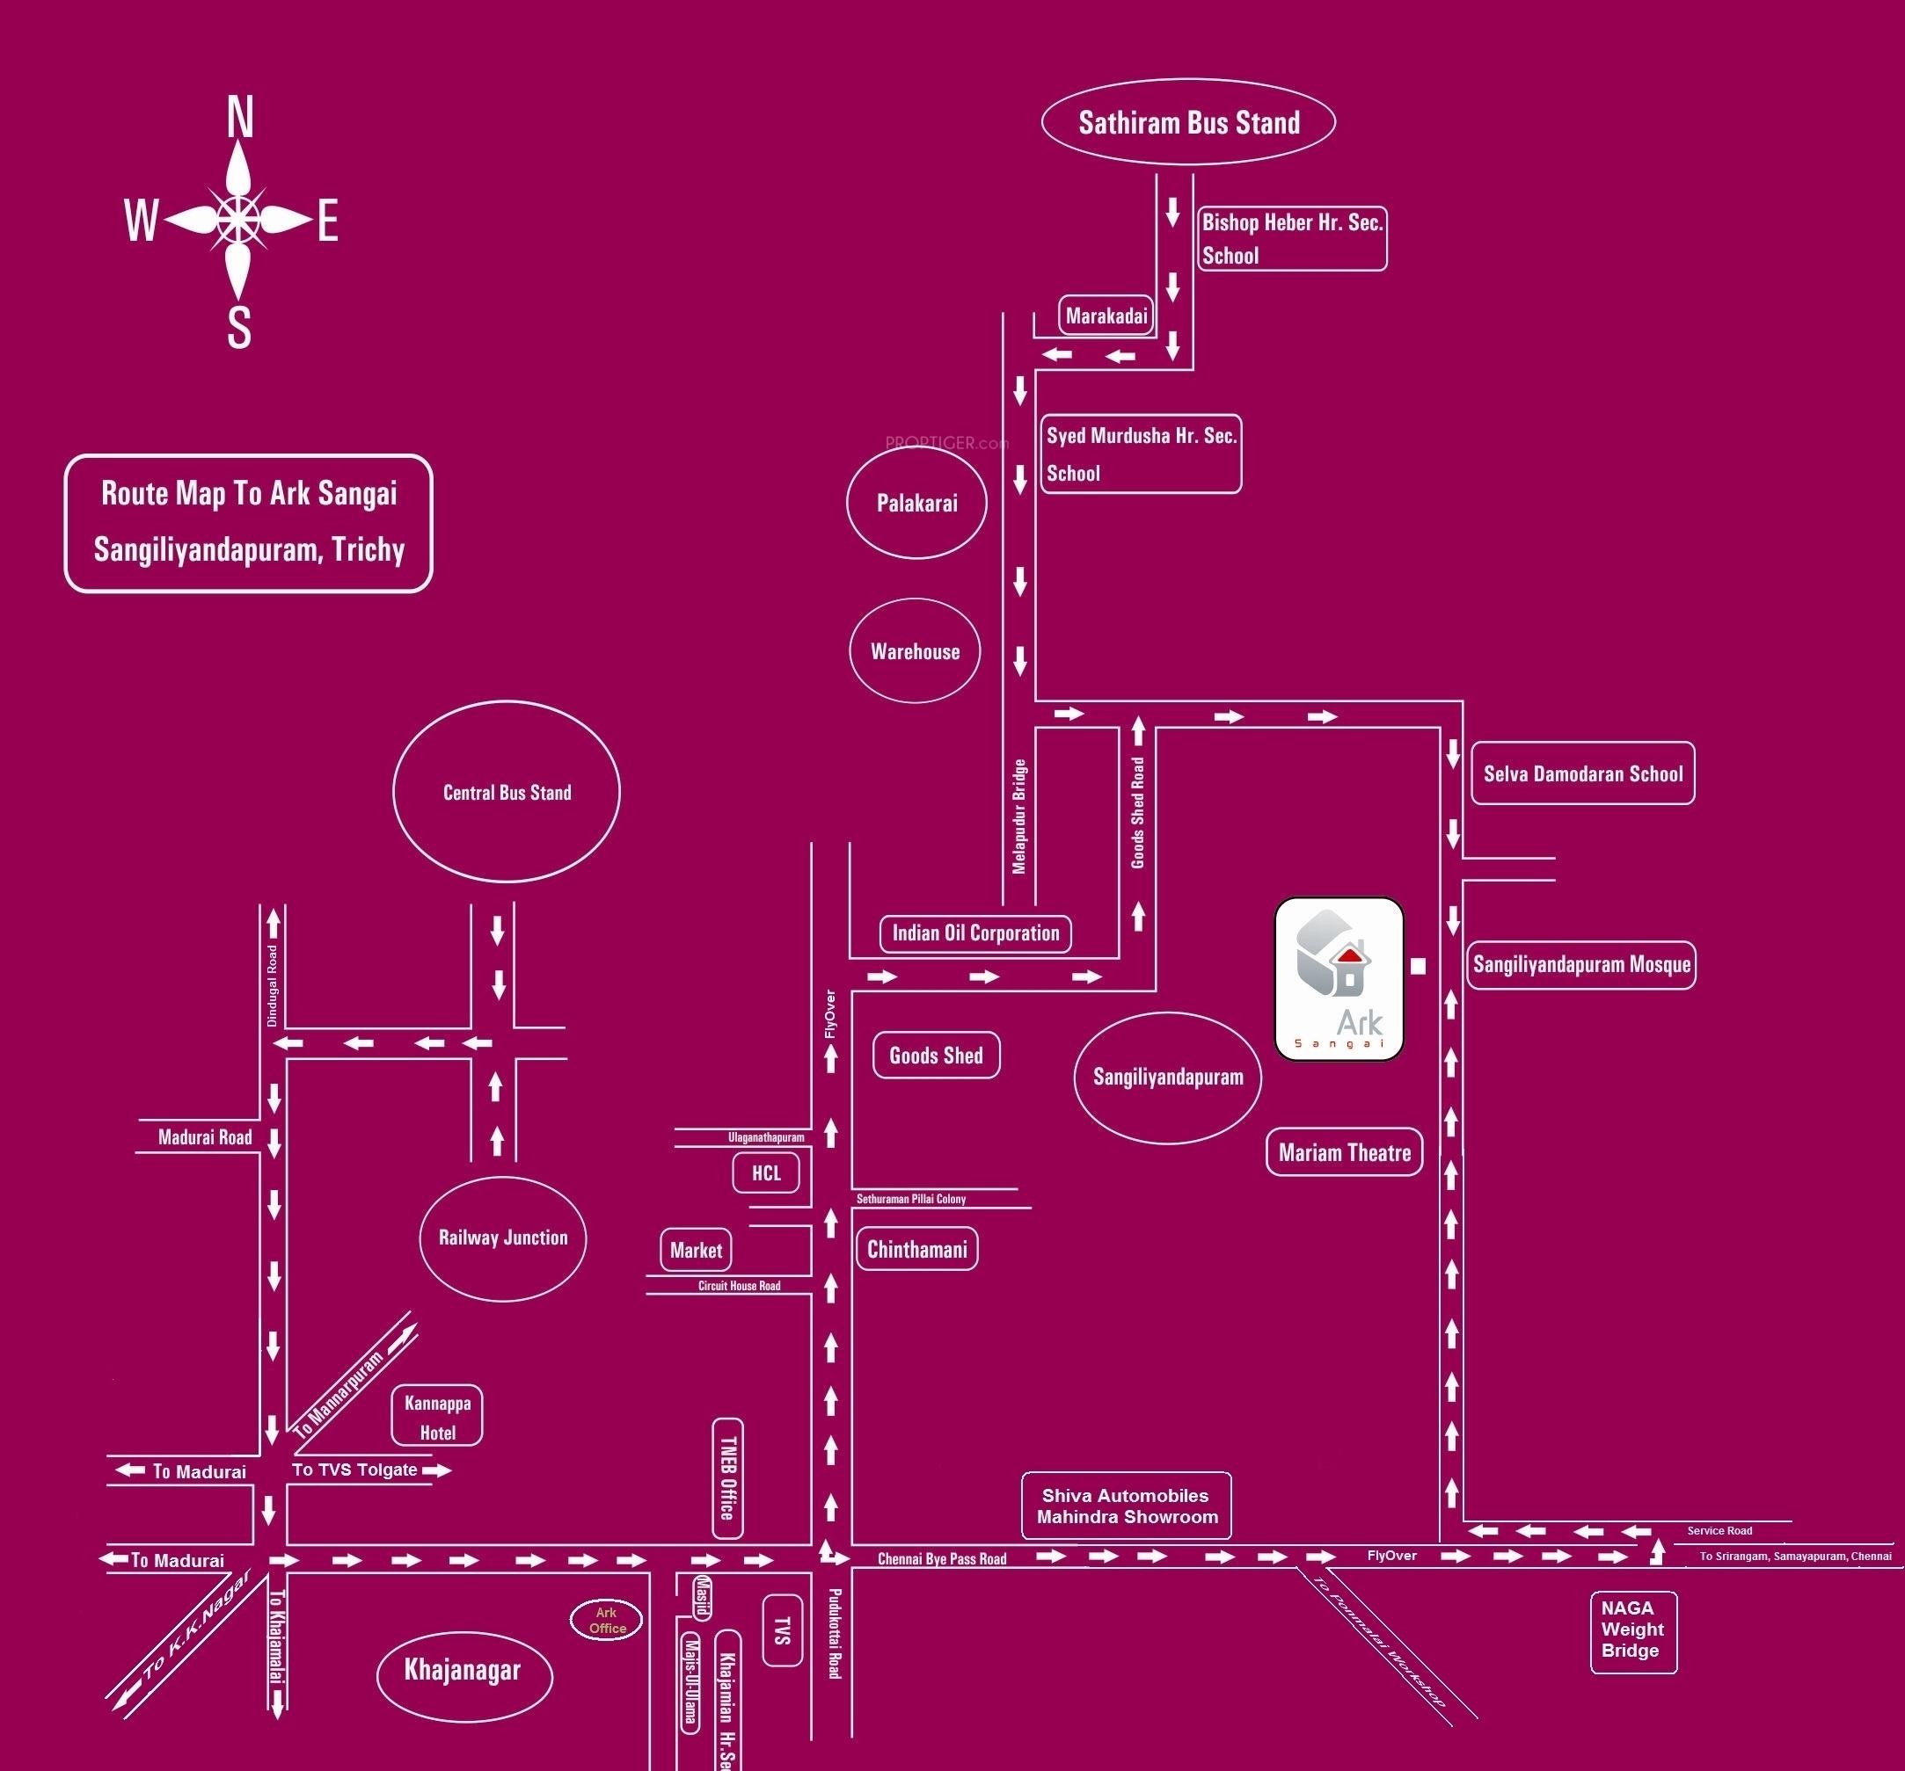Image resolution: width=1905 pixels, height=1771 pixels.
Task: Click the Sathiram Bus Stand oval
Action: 1188,122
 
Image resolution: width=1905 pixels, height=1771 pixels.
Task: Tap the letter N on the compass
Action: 239,119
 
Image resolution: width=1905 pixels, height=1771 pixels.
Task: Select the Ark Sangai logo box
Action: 1339,978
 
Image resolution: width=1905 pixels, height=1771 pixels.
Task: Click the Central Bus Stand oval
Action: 506,792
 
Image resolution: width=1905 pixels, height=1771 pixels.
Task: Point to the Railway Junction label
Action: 503,1238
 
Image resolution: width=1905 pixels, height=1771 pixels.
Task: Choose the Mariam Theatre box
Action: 1345,1152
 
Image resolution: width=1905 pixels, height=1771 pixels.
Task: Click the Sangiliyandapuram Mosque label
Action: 1581,964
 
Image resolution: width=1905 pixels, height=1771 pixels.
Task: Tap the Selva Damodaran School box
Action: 1583,774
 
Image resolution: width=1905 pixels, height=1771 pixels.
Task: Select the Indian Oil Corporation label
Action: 975,933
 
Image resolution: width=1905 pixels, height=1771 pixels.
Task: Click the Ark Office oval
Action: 607,1621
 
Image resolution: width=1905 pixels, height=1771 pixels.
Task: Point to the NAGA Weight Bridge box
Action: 1633,1629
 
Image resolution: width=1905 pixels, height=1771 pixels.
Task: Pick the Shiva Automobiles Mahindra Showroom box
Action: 1126,1506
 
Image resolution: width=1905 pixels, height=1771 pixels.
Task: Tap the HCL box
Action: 766,1173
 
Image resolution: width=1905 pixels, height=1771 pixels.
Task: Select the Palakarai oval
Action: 917,503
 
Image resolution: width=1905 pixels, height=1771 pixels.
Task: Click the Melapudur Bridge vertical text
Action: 1019,816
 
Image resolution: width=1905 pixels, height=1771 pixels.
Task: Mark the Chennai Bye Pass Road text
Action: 942,1559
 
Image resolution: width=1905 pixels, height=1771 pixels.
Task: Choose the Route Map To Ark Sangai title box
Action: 248,523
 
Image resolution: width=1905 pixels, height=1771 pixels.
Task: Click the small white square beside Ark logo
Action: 1419,967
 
